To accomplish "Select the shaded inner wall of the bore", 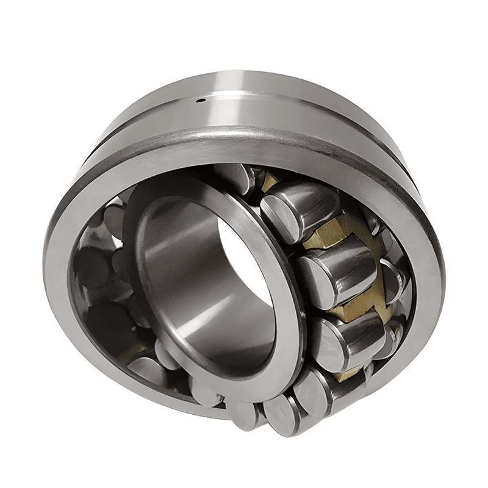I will pyautogui.click(x=177, y=268).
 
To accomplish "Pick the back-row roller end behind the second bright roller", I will pyautogui.click(x=390, y=278).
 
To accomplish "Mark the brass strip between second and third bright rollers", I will pyautogui.click(x=354, y=305).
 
